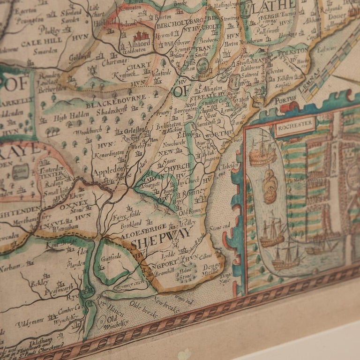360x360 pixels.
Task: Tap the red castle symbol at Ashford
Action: coord(141,36)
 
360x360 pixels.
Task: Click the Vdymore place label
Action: coord(30,323)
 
